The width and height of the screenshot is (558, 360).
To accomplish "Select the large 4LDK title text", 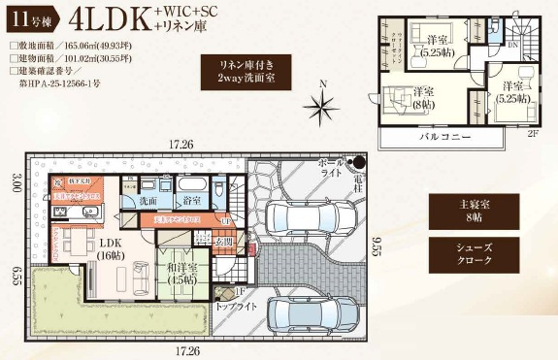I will click(x=106, y=20).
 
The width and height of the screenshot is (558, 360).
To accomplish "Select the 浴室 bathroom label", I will click(x=192, y=200).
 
